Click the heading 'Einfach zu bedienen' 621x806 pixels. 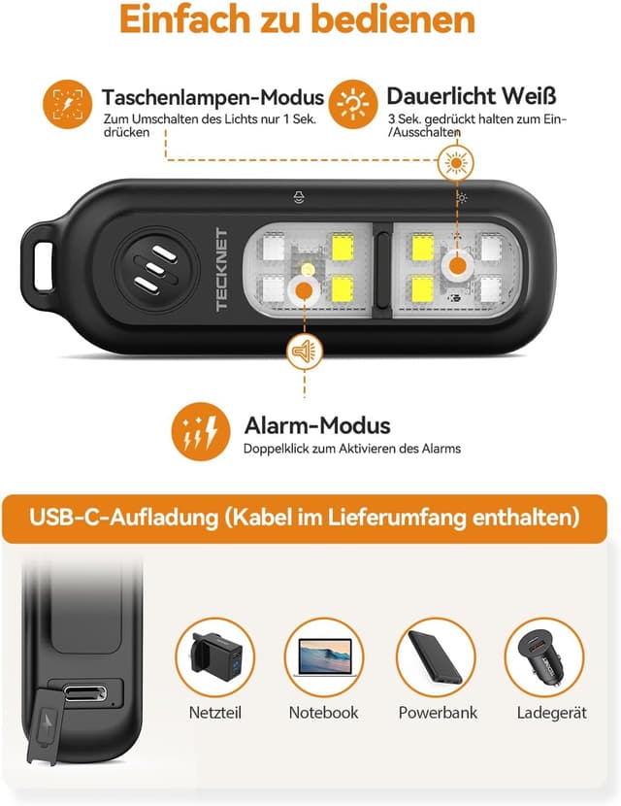point(310,20)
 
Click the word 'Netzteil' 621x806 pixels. point(214,713)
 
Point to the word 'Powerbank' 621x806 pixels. point(438,713)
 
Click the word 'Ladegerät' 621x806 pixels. point(550,713)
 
